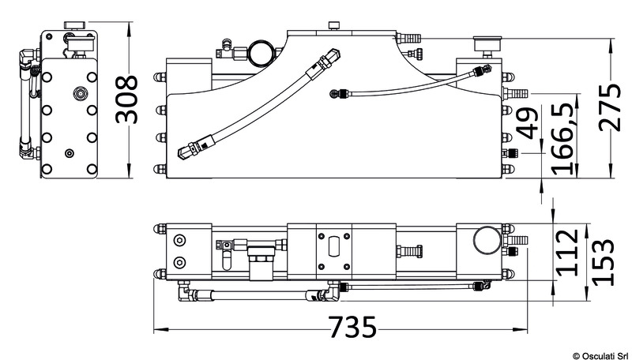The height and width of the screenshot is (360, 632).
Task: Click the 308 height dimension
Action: click(x=126, y=99)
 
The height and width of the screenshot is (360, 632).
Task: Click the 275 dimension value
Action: click(x=610, y=107)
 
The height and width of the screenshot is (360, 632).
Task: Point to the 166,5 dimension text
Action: click(x=562, y=139)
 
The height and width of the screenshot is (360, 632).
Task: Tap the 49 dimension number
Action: click(x=527, y=123)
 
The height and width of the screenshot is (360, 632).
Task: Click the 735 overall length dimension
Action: click(x=352, y=327)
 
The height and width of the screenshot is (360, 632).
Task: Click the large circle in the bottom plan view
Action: click(x=487, y=240)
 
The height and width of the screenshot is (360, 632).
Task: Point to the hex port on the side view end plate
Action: click(x=81, y=94)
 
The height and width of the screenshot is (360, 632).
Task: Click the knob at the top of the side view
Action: click(x=75, y=25)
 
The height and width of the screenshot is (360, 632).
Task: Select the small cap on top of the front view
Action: click(x=333, y=26)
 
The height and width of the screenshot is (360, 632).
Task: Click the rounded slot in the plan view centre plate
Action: click(x=334, y=246)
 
